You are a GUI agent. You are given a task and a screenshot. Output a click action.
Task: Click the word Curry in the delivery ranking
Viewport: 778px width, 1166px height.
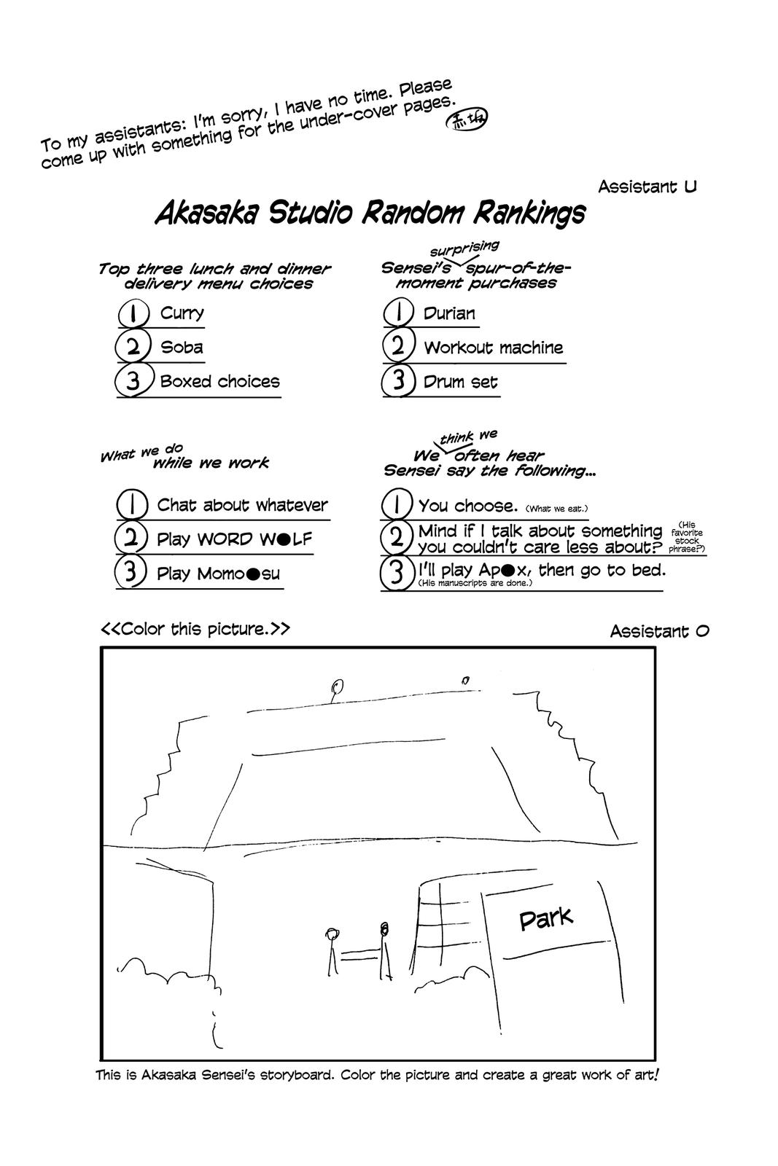182,313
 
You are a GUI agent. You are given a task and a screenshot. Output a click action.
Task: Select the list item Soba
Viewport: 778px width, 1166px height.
182,348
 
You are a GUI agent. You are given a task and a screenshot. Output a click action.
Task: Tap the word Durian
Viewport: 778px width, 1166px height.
449,314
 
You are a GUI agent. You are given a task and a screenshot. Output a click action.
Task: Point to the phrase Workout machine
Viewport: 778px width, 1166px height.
494,348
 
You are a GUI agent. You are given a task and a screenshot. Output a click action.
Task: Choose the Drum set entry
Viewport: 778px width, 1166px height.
461,382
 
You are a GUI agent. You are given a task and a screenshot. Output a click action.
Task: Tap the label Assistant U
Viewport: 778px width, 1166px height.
647,187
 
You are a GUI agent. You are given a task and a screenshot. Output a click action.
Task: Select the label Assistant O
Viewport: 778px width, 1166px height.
659,631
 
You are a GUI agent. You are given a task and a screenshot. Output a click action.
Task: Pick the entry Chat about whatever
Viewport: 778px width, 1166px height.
242,505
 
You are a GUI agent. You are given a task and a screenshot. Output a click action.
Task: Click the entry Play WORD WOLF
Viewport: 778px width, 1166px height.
234,539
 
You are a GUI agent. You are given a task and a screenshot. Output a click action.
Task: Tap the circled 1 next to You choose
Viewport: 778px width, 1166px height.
397,505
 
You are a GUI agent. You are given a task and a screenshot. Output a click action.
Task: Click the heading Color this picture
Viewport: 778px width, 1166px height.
195,629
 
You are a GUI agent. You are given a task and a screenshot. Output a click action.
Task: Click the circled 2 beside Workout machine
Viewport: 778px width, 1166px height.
398,346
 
